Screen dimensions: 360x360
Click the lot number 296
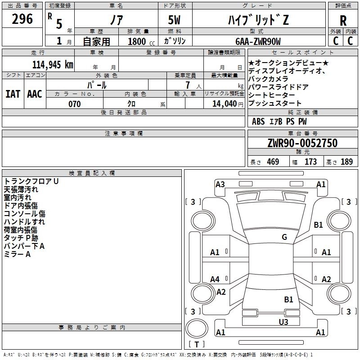(22, 19)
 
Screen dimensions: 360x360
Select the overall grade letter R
(343, 21)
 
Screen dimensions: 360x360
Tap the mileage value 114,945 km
(53, 65)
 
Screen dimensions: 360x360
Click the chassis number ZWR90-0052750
(302, 143)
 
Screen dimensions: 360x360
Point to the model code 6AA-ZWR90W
(258, 41)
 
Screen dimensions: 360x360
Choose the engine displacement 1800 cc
(141, 41)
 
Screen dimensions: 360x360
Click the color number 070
(75, 104)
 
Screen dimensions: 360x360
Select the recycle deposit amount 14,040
(225, 104)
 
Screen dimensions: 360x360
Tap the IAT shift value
(13, 94)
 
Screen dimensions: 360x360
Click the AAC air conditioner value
(35, 94)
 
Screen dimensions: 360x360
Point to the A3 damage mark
(220, 184)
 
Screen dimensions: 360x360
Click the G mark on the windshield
(284, 237)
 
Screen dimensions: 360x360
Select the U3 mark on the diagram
(283, 322)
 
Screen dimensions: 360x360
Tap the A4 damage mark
(215, 279)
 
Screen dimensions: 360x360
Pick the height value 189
(346, 162)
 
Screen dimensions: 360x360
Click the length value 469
(273, 162)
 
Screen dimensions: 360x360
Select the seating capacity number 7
(188, 85)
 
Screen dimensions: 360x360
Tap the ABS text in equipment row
(258, 121)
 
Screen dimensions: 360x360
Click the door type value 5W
(175, 20)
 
